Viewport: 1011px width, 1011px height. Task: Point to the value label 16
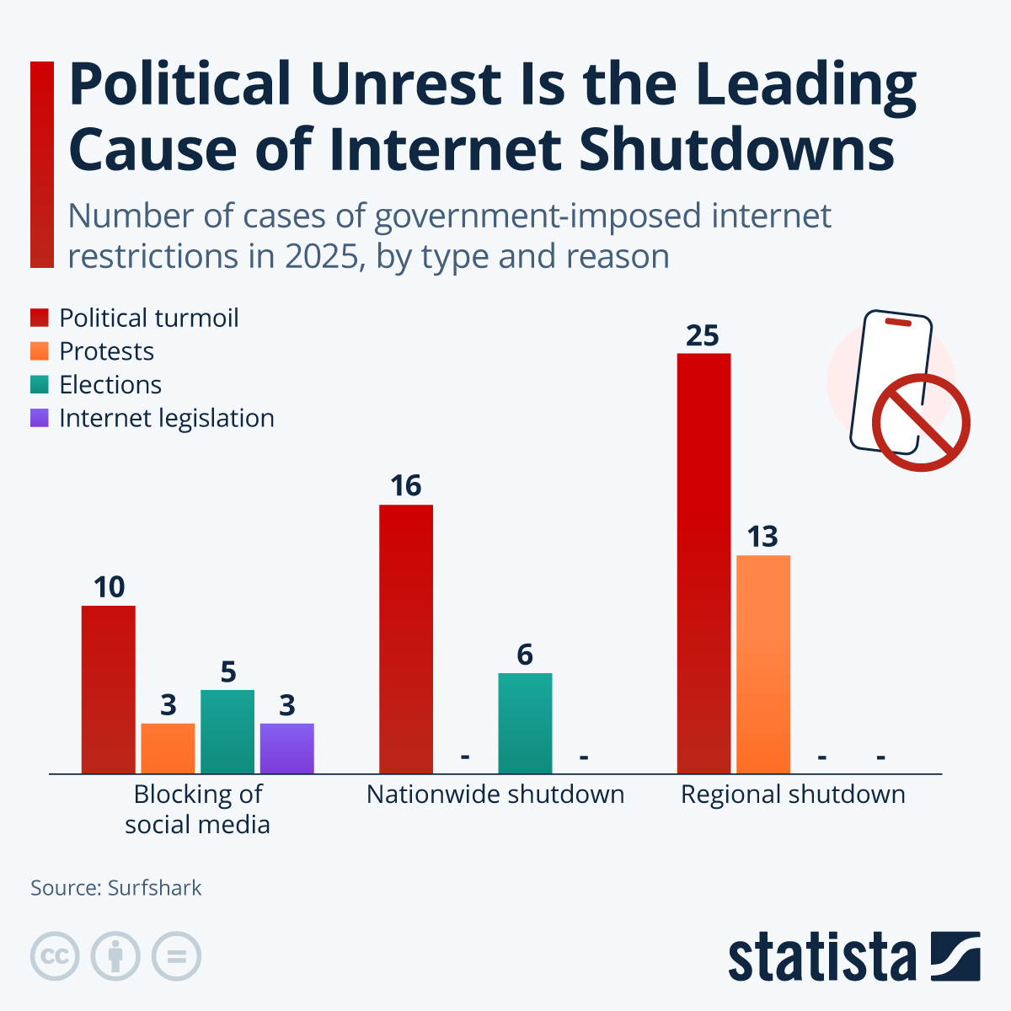click(405, 486)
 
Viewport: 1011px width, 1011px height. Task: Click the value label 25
click(703, 335)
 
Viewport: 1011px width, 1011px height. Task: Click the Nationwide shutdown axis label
click(495, 794)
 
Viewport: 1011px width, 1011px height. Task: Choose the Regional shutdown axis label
click(793, 794)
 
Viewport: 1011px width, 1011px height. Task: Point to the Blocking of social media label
click(197, 809)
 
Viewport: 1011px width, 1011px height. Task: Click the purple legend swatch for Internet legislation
click(40, 418)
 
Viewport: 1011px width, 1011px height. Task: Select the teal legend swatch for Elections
click(40, 385)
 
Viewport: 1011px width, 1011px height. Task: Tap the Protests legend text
click(106, 351)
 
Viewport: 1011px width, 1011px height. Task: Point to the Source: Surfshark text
click(116, 888)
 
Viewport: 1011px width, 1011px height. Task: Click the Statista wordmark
click(821, 957)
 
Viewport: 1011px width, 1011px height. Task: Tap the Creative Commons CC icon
click(55, 957)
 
